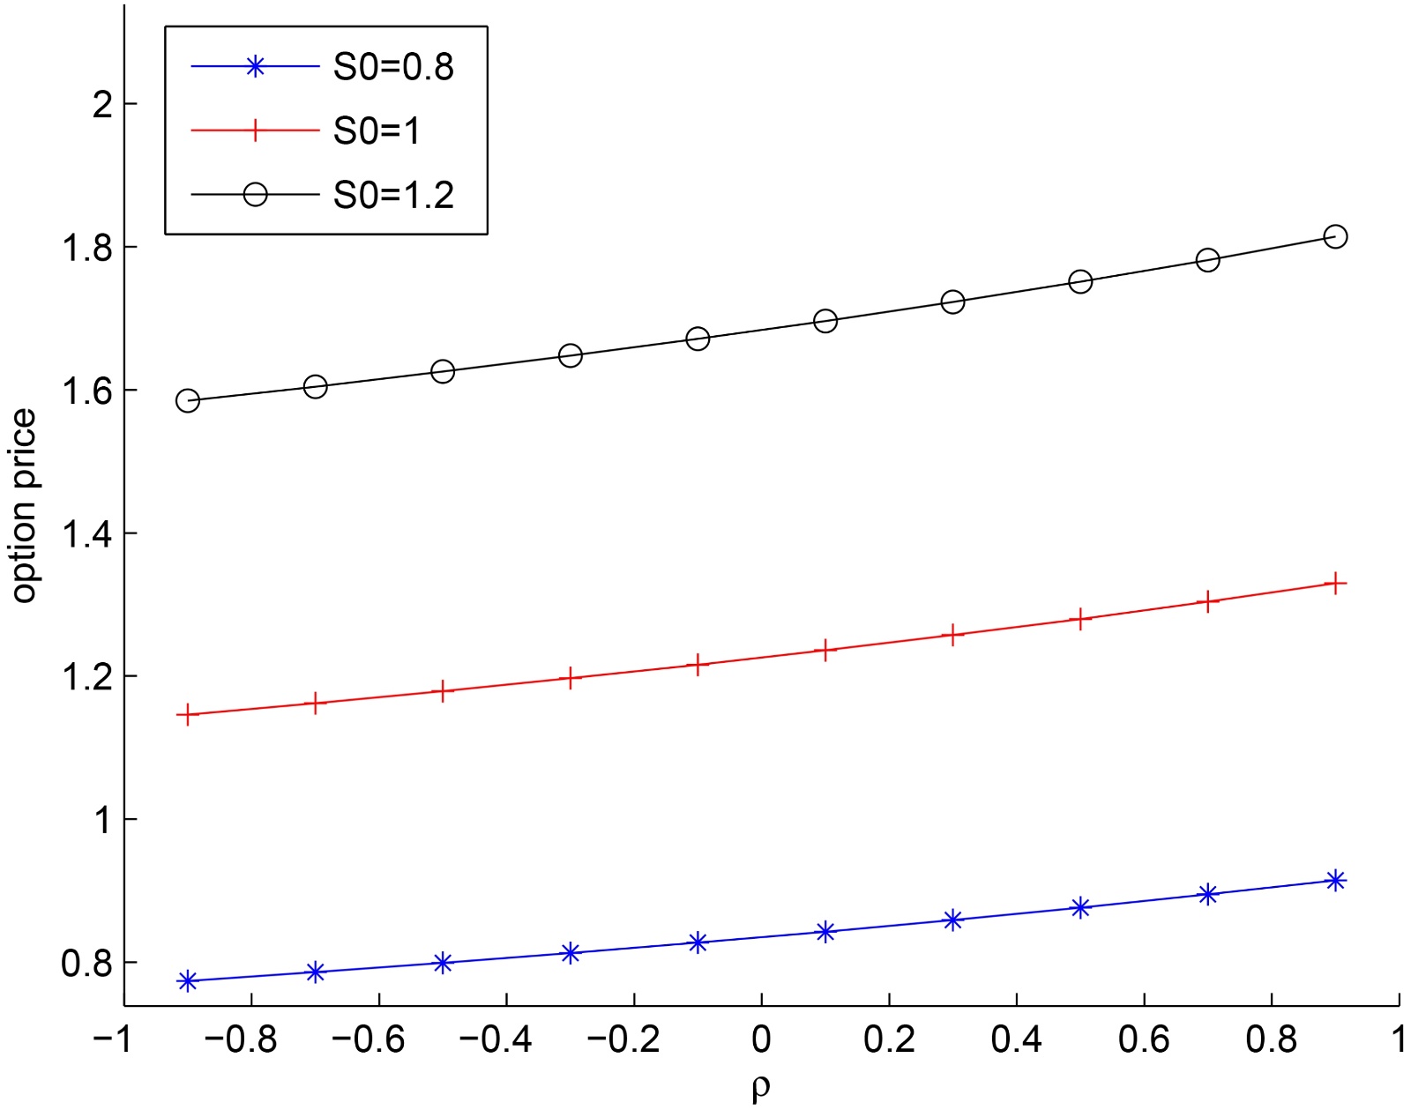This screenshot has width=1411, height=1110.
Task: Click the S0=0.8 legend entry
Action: tap(393, 67)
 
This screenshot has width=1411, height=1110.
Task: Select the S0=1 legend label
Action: tap(377, 130)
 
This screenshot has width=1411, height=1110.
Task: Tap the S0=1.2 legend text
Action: tap(393, 195)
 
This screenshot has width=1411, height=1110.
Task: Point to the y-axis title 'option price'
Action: tap(24, 505)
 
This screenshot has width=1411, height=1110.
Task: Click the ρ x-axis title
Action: tap(761, 1087)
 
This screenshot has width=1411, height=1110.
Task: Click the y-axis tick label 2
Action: tap(103, 104)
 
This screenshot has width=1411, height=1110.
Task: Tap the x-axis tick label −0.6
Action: tap(370, 1040)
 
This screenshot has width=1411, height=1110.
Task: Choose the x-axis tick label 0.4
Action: tap(1016, 1040)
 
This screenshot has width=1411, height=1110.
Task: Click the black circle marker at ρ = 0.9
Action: tap(1335, 236)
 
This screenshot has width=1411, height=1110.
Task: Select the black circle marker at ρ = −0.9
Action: tap(187, 400)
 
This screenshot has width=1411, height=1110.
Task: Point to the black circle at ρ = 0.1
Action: tap(825, 321)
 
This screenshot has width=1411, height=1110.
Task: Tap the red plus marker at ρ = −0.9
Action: tap(187, 714)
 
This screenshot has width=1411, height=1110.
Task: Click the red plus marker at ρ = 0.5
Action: tap(1080, 619)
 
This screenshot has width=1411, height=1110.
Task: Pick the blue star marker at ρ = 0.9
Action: tap(1335, 880)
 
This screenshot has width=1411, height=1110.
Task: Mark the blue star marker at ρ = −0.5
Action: tap(443, 963)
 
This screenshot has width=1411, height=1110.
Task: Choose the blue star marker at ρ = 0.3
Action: tap(952, 920)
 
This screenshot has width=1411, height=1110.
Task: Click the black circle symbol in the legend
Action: tap(255, 194)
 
